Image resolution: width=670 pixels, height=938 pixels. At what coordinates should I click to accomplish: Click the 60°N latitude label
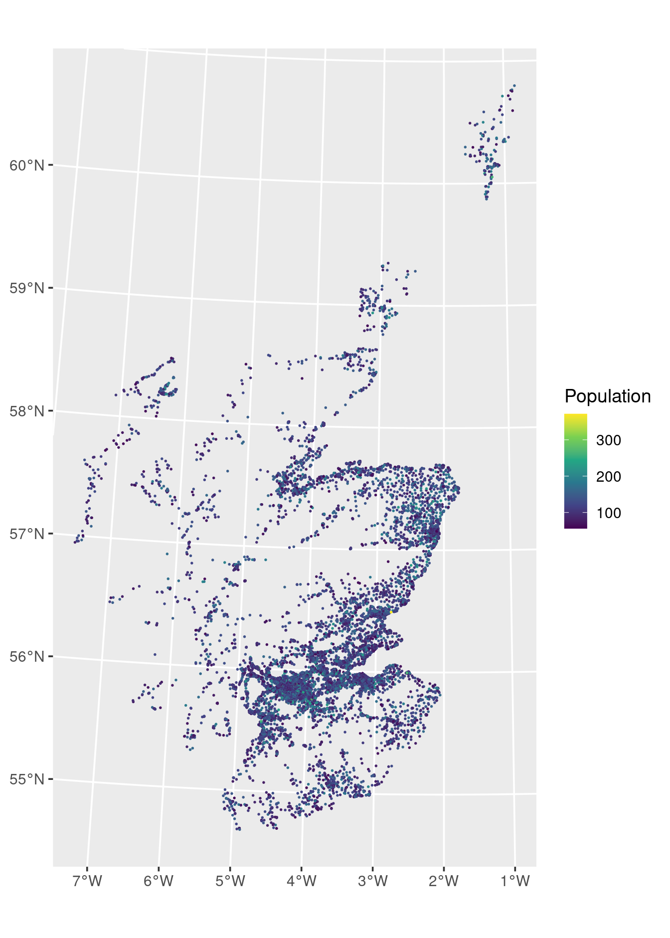[27, 165]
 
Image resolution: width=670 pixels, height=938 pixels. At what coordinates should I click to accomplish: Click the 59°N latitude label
[27, 288]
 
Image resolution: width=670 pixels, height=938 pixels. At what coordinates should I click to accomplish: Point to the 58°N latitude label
[27, 411]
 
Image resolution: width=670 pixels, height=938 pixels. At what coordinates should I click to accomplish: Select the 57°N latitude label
[27, 534]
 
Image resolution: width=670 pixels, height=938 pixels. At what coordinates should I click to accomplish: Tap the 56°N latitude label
[27, 656]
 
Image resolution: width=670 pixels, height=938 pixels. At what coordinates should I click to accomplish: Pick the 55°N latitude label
[27, 779]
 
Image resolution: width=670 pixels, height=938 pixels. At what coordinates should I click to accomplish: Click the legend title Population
[607, 396]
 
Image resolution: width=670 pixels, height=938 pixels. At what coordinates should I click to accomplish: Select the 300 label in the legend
[608, 440]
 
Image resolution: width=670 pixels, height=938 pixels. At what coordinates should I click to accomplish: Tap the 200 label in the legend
[608, 477]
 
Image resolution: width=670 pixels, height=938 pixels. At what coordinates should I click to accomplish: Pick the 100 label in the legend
[608, 513]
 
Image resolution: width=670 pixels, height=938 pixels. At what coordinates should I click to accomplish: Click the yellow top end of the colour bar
[575, 416]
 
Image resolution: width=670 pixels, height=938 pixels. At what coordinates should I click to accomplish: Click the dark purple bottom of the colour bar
[575, 526]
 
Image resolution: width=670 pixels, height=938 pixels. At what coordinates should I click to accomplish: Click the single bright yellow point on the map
[392, 611]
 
